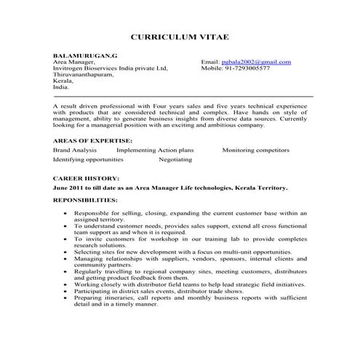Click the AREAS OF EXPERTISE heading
coord(92,139)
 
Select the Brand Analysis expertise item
coord(75,149)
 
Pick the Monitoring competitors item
coord(255,149)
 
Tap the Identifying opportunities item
coord(88,159)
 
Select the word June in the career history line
coord(61,187)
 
